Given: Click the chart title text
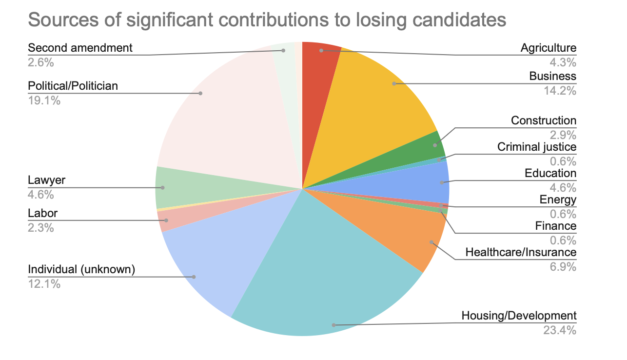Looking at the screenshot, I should (267, 20).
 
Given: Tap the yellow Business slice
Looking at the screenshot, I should (385, 98).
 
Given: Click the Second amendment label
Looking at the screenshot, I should (80, 48).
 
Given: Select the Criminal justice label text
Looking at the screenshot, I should (536, 147).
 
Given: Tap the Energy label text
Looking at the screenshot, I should (558, 200).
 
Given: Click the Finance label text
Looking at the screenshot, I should (555, 226).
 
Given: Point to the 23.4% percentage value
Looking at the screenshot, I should (560, 330).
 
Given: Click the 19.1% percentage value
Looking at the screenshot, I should (44, 101).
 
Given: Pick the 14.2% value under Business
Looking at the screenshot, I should (560, 91).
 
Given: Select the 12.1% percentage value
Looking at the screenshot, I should (44, 283).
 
